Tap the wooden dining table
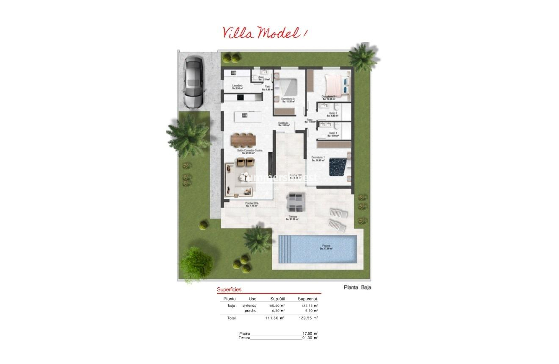tap(244, 139)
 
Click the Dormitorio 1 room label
tap(318, 158)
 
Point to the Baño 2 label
tap(334, 114)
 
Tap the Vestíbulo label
tap(283, 124)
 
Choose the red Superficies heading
tap(229, 290)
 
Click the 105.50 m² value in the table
tap(276, 305)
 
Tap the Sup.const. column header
tap(308, 299)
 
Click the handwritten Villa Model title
tap(263, 33)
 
